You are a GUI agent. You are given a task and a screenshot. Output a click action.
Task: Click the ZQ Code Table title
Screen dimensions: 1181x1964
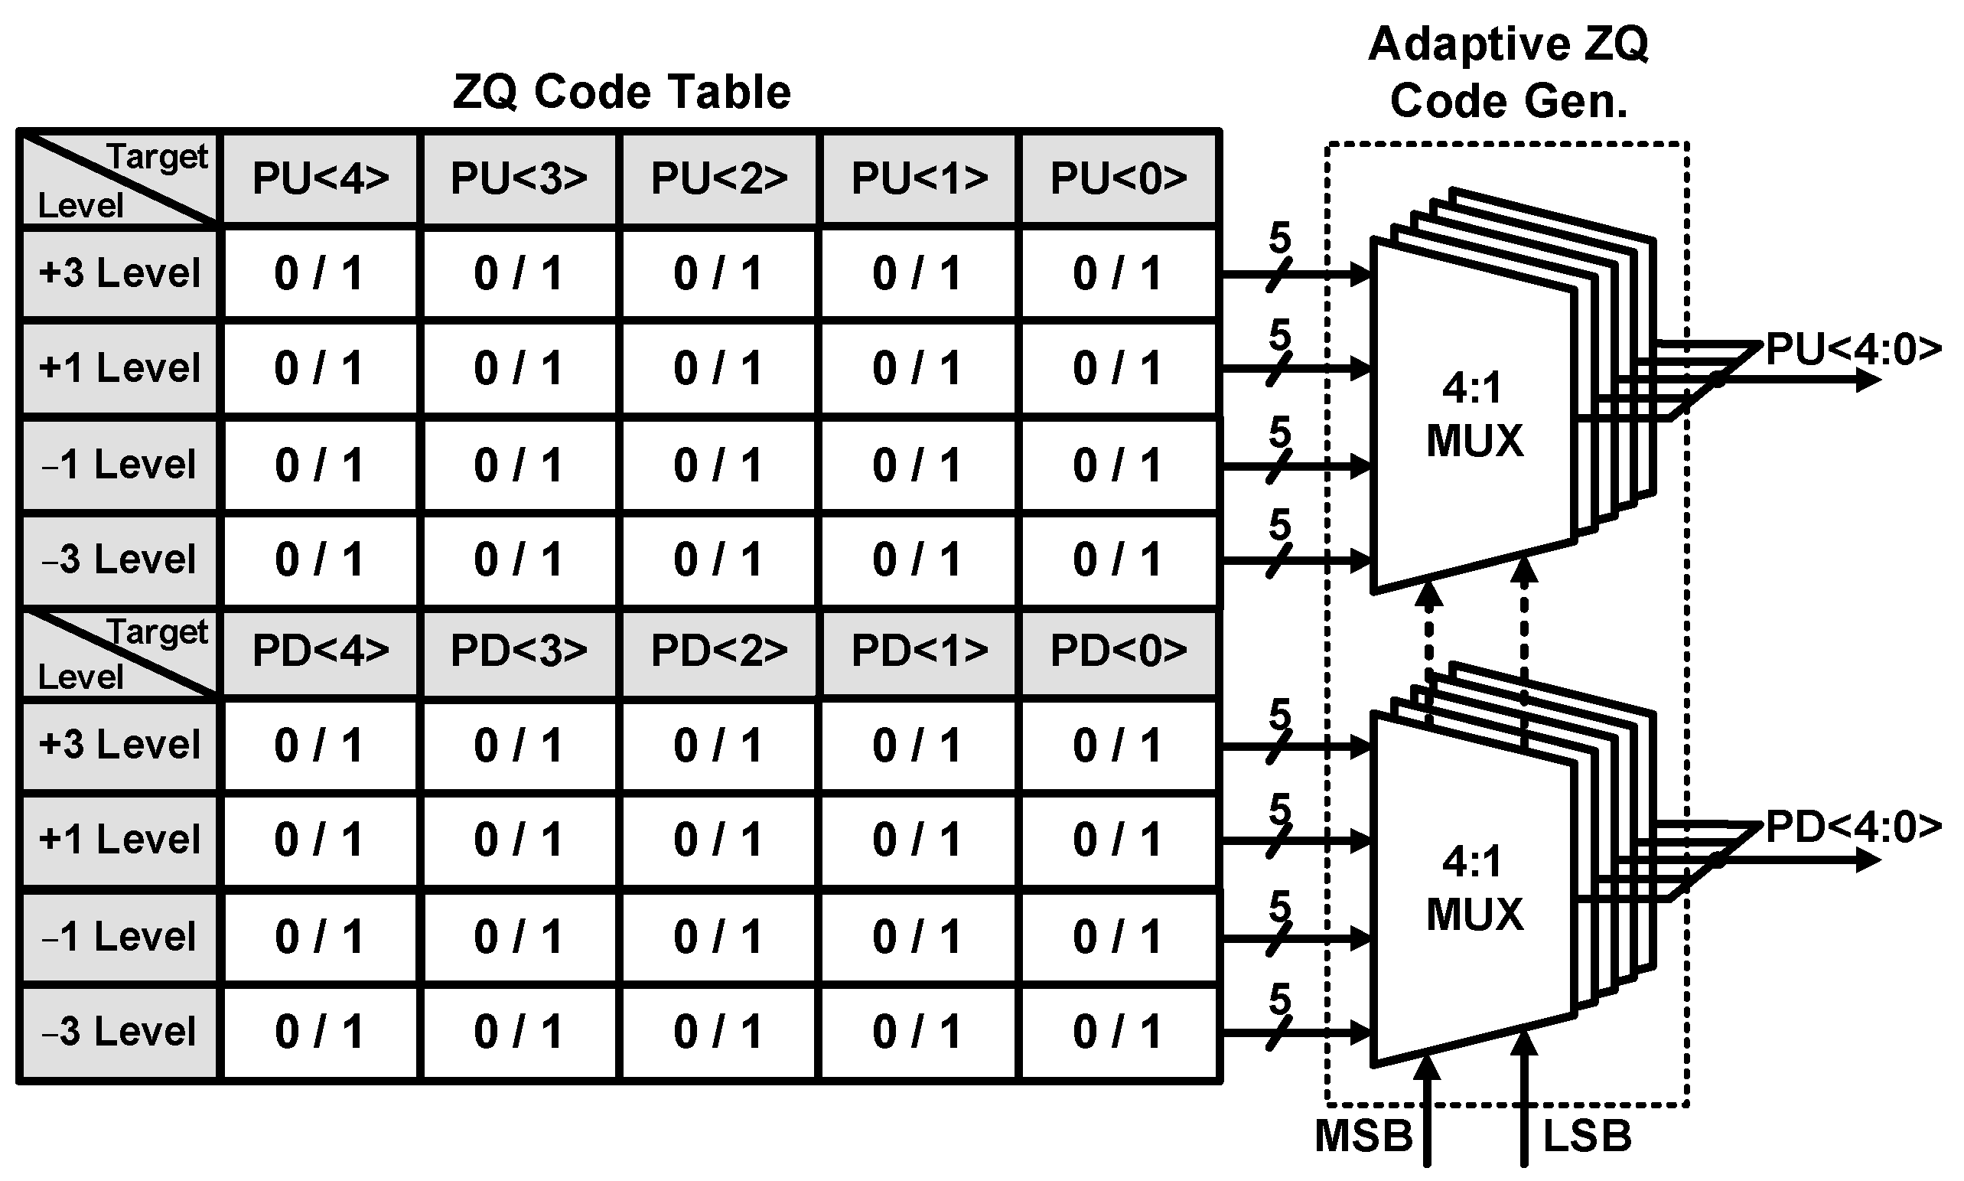(x=621, y=92)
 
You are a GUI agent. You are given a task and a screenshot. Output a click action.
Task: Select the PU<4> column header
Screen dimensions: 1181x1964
(x=321, y=178)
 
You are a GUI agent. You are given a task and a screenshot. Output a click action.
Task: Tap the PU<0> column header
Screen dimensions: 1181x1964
(x=1118, y=178)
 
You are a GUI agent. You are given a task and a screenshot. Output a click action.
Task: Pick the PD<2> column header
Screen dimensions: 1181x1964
(x=718, y=651)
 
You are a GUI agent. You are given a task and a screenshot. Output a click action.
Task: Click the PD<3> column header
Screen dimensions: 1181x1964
(x=519, y=651)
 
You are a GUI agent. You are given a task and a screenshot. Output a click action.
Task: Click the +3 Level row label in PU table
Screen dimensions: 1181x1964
(x=119, y=273)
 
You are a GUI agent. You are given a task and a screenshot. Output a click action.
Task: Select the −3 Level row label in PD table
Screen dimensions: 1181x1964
(x=119, y=1032)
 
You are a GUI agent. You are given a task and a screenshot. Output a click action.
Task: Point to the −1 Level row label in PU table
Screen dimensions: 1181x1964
(x=119, y=465)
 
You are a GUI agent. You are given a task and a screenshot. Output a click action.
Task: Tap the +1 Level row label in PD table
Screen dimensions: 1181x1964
(x=119, y=840)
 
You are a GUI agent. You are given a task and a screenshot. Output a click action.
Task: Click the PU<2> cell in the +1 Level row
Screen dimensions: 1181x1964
(x=718, y=368)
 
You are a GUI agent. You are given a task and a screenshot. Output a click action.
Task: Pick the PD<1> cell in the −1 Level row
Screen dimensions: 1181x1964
(x=917, y=937)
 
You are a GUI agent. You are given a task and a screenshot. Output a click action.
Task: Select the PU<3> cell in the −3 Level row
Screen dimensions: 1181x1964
(x=519, y=560)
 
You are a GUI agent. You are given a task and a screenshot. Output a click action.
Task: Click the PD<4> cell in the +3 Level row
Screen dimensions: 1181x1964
(x=319, y=745)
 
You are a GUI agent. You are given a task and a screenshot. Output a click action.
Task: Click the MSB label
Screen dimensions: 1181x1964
(x=1363, y=1136)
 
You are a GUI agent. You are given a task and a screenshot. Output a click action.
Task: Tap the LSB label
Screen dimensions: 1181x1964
(x=1587, y=1136)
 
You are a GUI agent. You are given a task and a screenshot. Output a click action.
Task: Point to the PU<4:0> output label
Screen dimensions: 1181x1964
(x=1853, y=348)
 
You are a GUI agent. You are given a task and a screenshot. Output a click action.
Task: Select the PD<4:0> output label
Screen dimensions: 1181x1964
(x=1853, y=827)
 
